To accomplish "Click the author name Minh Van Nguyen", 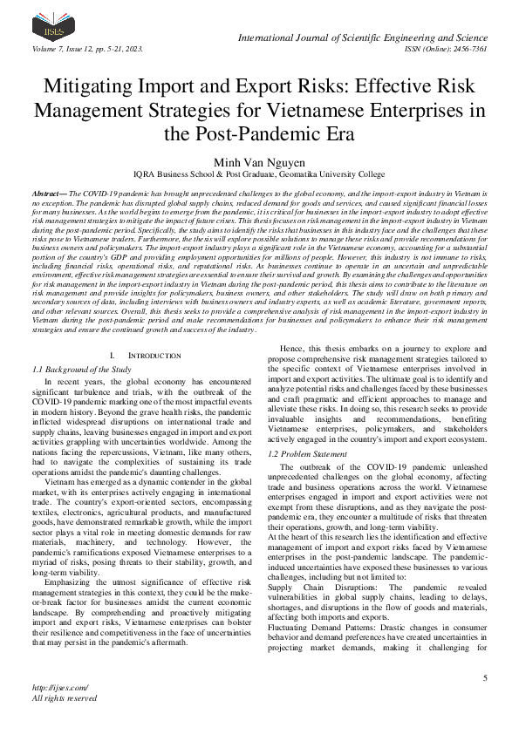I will pos(259,161).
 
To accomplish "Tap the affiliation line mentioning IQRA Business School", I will pos(259,174).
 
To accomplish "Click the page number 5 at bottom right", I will pos(484,677).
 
